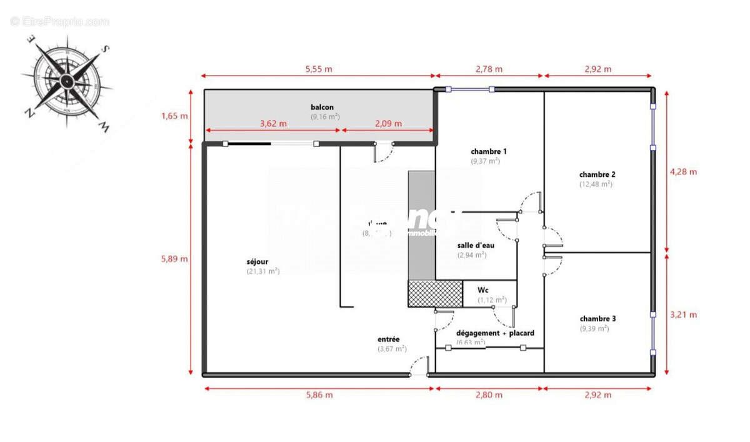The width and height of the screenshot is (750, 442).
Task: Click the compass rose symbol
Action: pyautogui.click(x=67, y=79)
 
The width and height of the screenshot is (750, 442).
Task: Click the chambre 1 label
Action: pyautogui.click(x=489, y=151)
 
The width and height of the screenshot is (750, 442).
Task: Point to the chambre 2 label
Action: pyautogui.click(x=597, y=174)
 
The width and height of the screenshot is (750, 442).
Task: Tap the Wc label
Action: pyautogui.click(x=483, y=290)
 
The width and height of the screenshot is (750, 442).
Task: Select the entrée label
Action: pyautogui.click(x=389, y=339)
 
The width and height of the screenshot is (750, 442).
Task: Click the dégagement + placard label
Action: pyautogui.click(x=495, y=333)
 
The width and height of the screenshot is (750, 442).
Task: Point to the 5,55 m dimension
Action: pyautogui.click(x=319, y=69)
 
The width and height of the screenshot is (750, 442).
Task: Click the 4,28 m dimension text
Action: pyautogui.click(x=683, y=171)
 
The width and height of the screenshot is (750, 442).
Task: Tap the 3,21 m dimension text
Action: pyautogui.click(x=683, y=314)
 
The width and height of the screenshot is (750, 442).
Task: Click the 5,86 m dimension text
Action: pyautogui.click(x=319, y=394)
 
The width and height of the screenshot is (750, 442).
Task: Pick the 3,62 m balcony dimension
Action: pyautogui.click(x=273, y=124)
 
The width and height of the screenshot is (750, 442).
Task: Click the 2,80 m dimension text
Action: pyautogui.click(x=489, y=394)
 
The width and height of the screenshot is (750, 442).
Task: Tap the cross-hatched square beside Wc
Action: pyautogui.click(x=435, y=294)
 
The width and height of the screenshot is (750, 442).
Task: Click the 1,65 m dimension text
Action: pyautogui.click(x=174, y=116)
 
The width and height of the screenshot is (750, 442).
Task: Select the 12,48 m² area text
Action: pyautogui.click(x=596, y=184)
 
